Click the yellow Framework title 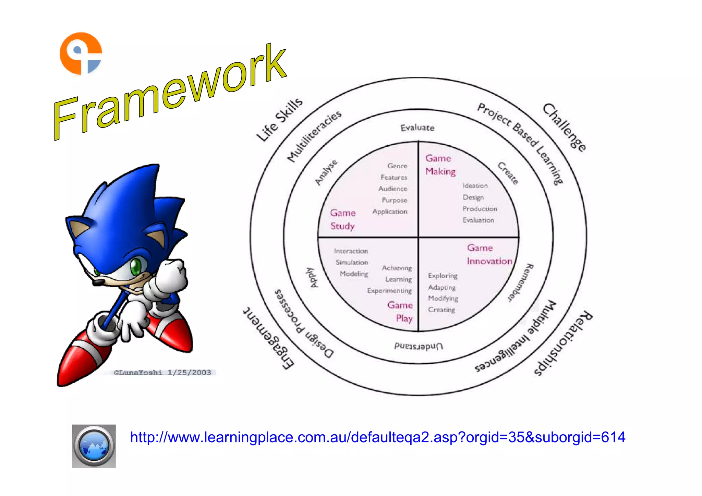pyautogui.click(x=170, y=93)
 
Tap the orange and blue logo pyautogui.click(x=81, y=53)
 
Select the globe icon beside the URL pyautogui.click(x=94, y=446)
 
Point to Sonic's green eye pyautogui.click(x=136, y=266)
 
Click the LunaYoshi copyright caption pyautogui.click(x=162, y=373)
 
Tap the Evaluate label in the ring pyautogui.click(x=417, y=128)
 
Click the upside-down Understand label pyautogui.click(x=419, y=346)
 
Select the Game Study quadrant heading pyautogui.click(x=342, y=219)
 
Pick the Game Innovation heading pyautogui.click(x=489, y=255)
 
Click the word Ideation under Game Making pyautogui.click(x=475, y=186)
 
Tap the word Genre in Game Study pyautogui.click(x=397, y=166)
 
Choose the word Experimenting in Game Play pyautogui.click(x=389, y=291)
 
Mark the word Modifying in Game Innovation pyautogui.click(x=443, y=299)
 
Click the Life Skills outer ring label pyautogui.click(x=279, y=120)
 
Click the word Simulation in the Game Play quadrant pyautogui.click(x=352, y=263)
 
